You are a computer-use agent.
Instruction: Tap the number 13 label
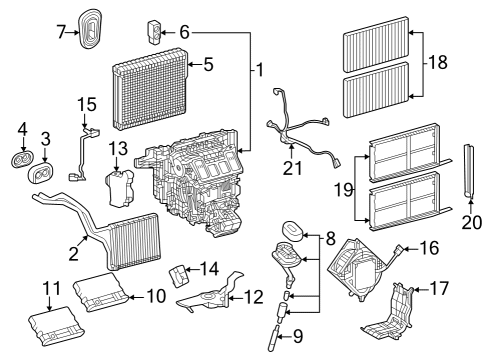118,149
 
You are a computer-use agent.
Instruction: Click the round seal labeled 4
22,160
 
